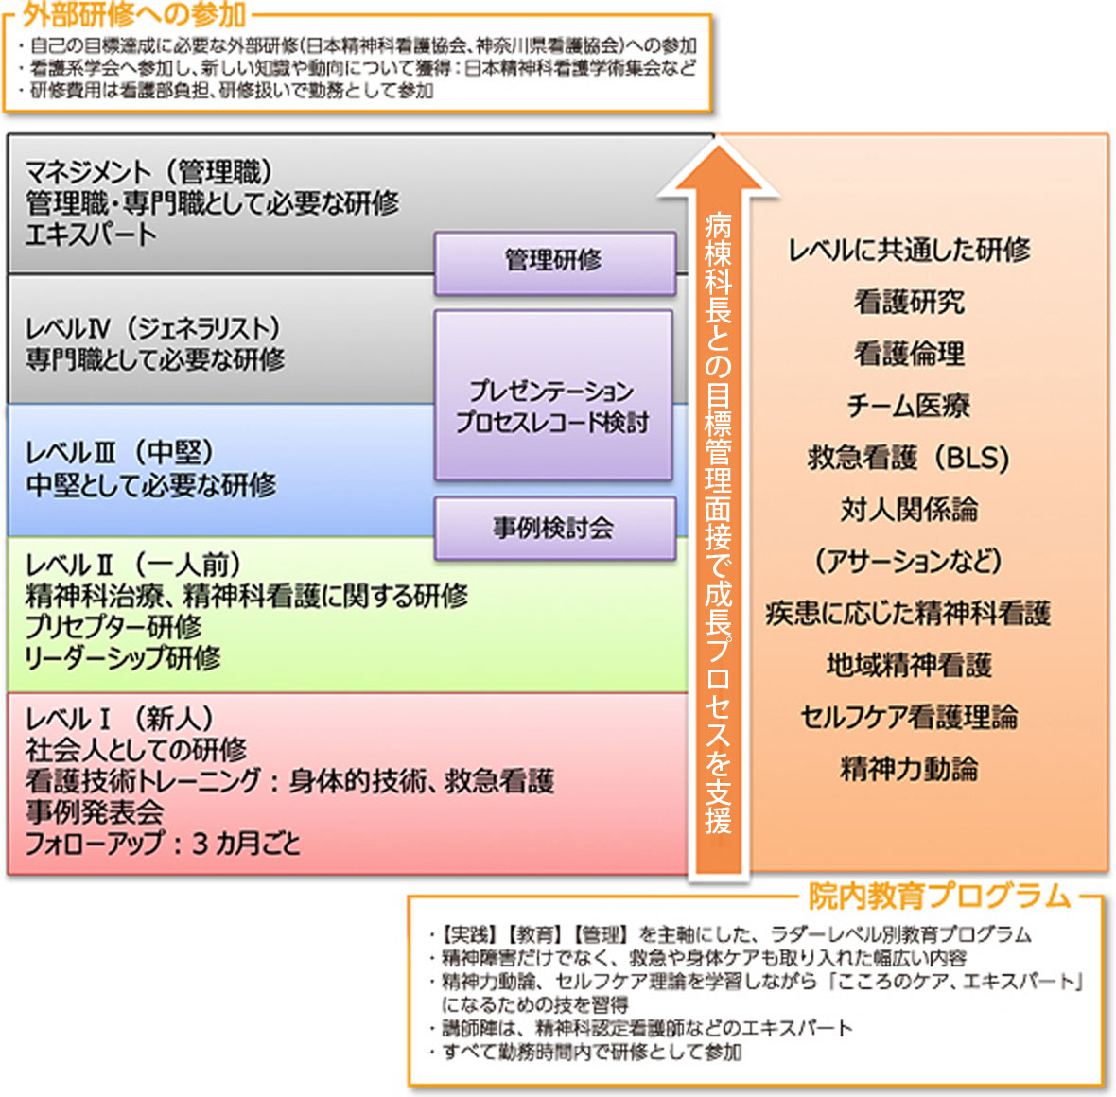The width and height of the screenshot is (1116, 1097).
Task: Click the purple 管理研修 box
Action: coord(554,262)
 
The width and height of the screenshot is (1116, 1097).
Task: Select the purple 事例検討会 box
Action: coord(554,529)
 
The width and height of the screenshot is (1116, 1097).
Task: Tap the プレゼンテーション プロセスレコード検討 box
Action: coord(553,395)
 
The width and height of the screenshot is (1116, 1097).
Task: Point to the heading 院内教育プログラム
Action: coord(939,897)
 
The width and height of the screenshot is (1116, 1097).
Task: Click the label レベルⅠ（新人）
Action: coord(120,719)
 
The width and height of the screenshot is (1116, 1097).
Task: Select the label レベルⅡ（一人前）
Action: coord(133,566)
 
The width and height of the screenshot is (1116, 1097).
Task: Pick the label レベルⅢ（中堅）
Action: coord(120,453)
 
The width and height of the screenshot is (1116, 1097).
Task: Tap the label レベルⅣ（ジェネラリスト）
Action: coord(154,328)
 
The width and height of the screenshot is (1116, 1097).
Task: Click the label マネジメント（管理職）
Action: coord(149,171)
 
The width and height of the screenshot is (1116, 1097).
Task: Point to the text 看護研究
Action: coord(910,302)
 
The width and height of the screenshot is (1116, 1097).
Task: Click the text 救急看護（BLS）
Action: coord(909,458)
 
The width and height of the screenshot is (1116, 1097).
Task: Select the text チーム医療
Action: coord(909,406)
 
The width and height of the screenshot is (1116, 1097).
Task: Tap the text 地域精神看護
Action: coord(910,665)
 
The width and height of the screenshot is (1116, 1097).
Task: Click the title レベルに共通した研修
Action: coord(910,250)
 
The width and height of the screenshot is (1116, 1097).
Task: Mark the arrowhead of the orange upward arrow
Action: coord(718,148)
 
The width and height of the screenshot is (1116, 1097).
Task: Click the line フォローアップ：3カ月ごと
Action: coord(163,844)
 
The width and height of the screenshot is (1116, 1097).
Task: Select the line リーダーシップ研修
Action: coord(123,657)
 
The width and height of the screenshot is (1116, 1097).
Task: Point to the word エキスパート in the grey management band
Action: coord(91,235)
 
